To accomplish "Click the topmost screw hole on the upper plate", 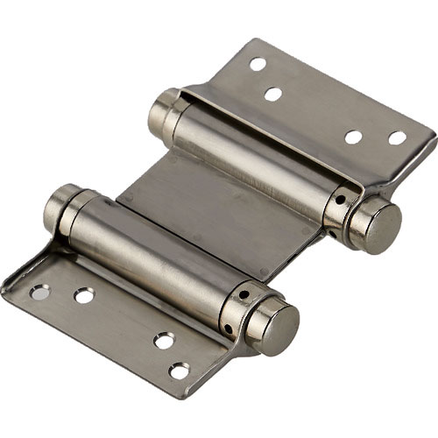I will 258,64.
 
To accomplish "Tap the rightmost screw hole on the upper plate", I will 398,138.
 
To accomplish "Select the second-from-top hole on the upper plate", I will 273,93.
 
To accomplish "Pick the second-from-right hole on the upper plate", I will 354,137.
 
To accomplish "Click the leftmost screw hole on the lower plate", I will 40,293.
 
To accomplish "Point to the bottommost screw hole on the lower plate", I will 179,371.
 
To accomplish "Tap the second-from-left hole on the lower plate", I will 84,295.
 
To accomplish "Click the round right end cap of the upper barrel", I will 380,228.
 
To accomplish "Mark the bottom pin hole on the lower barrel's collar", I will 229,328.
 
